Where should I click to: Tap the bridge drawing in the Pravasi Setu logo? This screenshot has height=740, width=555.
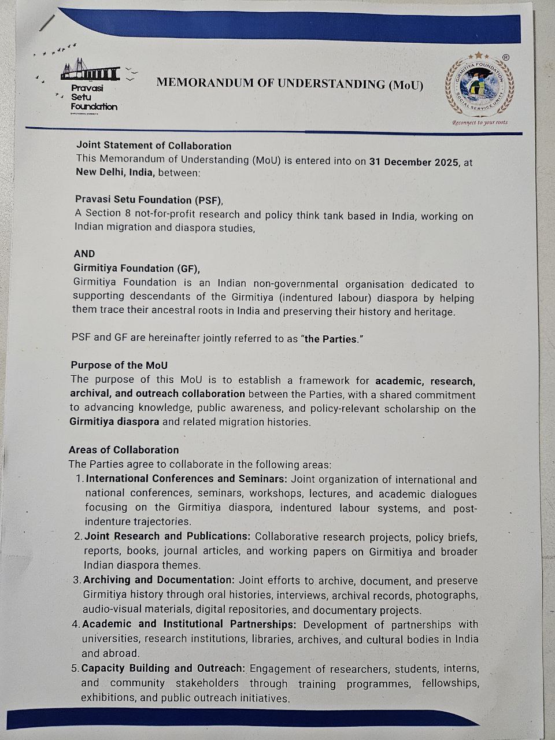[x=90, y=71]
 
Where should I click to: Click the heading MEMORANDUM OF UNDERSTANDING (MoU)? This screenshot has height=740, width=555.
[x=290, y=84]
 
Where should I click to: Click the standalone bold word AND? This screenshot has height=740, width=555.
[x=84, y=253]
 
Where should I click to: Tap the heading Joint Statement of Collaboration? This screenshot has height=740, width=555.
[x=154, y=146]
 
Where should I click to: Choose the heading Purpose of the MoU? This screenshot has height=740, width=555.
[x=119, y=365]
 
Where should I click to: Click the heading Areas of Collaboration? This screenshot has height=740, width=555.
[x=124, y=450]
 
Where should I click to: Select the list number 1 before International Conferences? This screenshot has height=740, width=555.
[x=79, y=479]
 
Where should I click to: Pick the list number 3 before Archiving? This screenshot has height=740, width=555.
[x=77, y=580]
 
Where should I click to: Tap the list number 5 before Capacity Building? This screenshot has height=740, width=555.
[x=75, y=668]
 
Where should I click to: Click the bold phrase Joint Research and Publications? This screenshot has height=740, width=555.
[x=167, y=536]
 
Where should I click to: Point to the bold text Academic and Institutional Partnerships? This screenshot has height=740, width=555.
[x=189, y=624]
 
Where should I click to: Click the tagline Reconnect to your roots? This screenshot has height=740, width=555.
[x=480, y=123]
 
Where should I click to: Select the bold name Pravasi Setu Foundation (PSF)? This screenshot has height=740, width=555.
[x=149, y=199]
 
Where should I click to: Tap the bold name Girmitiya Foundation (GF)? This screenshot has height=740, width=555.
[x=136, y=268]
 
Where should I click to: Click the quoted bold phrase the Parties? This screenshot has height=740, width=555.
[x=331, y=339]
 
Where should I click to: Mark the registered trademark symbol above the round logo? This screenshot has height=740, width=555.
[x=506, y=57]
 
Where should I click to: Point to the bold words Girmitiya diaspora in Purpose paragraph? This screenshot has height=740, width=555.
[x=114, y=421]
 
